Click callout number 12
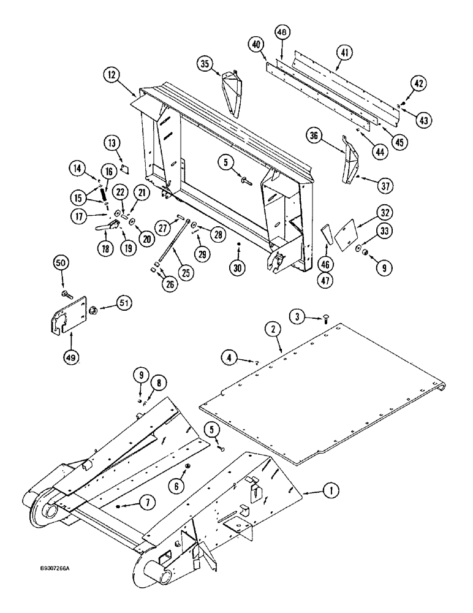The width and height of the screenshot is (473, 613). [112, 75]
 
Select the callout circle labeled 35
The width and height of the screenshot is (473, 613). [206, 63]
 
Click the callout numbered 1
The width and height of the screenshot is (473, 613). [330, 490]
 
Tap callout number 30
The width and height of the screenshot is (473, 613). [239, 268]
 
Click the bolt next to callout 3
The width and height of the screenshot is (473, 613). [325, 317]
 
